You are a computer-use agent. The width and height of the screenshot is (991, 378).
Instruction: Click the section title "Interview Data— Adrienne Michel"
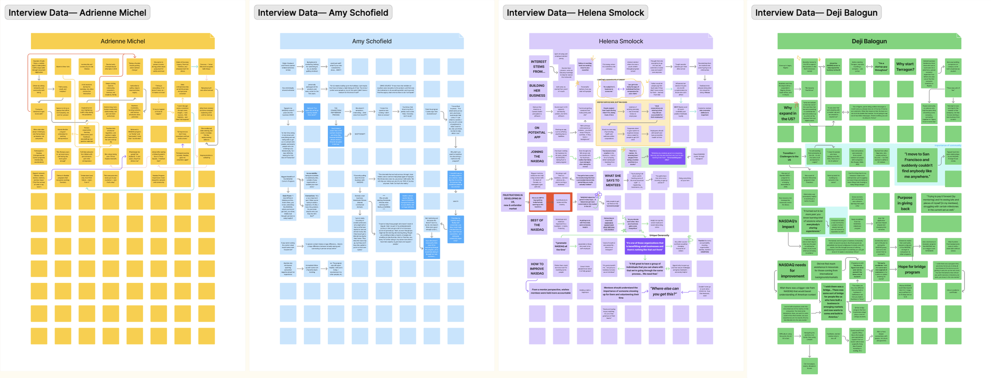click(77, 13)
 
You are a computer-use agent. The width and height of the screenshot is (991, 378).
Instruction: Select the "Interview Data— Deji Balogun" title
click(816, 13)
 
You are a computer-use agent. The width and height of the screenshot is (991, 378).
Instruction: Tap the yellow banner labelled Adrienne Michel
click(122, 41)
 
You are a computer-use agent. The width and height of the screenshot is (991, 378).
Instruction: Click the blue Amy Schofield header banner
click(371, 41)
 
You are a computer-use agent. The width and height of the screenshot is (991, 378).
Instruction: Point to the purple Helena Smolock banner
click(620, 41)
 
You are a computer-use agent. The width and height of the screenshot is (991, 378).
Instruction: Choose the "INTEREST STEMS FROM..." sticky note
click(538, 67)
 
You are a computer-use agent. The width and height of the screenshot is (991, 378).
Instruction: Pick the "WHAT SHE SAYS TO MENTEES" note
click(612, 180)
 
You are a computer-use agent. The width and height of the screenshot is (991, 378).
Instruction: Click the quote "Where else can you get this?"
click(664, 291)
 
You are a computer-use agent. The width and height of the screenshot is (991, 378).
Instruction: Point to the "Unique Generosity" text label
click(659, 235)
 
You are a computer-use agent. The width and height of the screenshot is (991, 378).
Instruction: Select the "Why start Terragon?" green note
click(905, 67)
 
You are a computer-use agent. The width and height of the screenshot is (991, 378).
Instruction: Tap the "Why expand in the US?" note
click(787, 113)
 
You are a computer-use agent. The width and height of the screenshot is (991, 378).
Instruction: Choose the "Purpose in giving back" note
click(905, 203)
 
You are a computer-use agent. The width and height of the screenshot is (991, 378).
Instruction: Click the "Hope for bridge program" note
click(912, 269)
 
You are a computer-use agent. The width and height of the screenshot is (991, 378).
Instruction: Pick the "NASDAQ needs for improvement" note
click(792, 270)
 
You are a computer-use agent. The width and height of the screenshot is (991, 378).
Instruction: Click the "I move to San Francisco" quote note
click(916, 165)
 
